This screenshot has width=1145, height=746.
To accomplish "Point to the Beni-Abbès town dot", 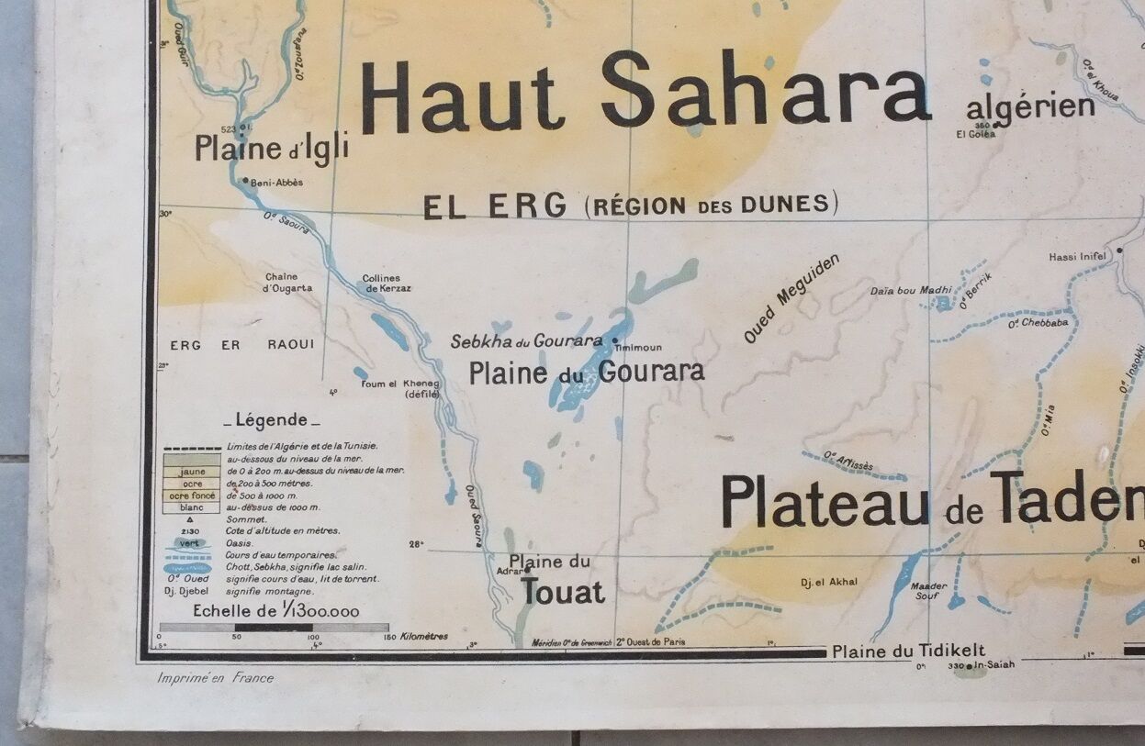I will click(x=245, y=182).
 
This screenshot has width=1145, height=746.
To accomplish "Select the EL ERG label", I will click(x=494, y=206).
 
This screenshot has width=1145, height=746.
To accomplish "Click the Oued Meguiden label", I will click(x=791, y=299).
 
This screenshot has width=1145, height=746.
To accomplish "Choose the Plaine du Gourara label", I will click(x=587, y=372).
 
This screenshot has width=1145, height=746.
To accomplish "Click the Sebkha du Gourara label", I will click(x=526, y=341).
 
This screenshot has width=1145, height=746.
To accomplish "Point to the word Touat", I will click(x=562, y=593).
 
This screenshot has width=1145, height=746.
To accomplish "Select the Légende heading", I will click(x=272, y=420).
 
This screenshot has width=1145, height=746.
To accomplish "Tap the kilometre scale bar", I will click(x=274, y=628).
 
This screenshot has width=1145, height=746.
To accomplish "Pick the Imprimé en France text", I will click(x=215, y=678).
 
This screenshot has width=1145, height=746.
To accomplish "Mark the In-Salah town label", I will click(x=994, y=664).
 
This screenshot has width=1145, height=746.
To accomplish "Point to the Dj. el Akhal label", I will click(x=829, y=582).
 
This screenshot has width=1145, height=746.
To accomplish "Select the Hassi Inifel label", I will click(x=1080, y=257).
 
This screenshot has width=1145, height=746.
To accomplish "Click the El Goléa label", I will click(x=975, y=134).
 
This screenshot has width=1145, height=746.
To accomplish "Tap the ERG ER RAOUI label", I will click(x=242, y=345).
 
